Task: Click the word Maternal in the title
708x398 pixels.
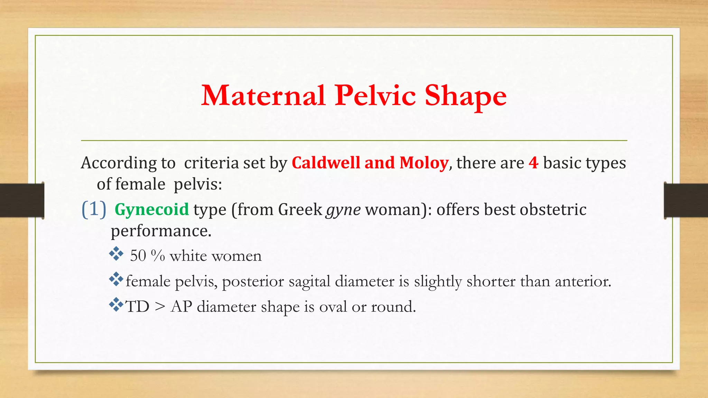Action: (263, 96)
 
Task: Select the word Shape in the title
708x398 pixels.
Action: (465, 96)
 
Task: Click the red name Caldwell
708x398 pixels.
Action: (326, 163)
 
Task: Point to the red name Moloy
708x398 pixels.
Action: (424, 163)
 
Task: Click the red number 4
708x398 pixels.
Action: (533, 163)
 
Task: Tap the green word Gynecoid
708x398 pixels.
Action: (152, 209)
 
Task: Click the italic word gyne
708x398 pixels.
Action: (344, 210)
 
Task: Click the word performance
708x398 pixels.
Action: (161, 231)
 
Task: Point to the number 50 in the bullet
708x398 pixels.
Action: (138, 256)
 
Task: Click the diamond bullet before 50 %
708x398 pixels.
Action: (116, 254)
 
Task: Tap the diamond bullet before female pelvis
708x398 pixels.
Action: (116, 279)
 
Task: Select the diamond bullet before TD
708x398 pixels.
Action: (116, 305)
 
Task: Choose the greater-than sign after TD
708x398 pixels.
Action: (160, 306)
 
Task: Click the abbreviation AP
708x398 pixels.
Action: (181, 306)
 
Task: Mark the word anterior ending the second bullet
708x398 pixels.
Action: (583, 281)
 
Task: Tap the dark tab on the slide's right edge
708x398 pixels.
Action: (686, 200)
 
